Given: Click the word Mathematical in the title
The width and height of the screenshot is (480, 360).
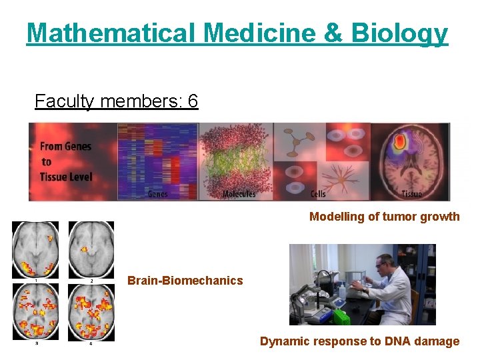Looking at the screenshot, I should pos(111,33).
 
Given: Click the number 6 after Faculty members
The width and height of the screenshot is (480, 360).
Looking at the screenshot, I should pos(193,101).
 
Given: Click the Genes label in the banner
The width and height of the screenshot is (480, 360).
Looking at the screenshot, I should pos(157,194).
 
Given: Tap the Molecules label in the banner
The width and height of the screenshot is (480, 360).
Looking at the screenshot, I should pos(239,194).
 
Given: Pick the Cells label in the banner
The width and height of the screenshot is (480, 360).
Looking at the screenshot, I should pos(318,194).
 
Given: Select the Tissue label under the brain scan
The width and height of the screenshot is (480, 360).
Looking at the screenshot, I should pos(412,194).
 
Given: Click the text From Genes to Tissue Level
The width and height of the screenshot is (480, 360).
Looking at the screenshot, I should pos(65,161).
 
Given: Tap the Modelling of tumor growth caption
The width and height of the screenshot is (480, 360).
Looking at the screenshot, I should pos(384,217).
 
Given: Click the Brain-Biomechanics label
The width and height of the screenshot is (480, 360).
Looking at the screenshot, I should pos(185,281).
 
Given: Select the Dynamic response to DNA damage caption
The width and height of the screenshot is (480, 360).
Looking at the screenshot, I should pos(359,341).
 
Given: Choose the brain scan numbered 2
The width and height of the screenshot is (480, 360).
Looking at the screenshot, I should pos(91,249).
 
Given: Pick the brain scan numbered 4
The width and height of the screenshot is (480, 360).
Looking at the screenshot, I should pos(91,311).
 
